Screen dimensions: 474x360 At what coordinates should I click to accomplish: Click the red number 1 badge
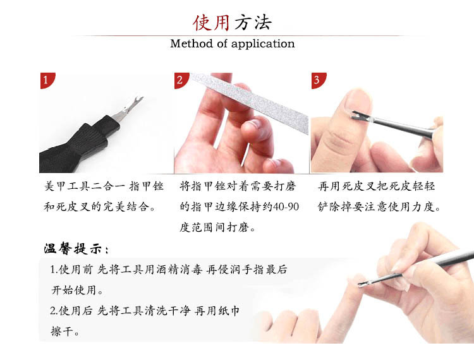pos(47,80)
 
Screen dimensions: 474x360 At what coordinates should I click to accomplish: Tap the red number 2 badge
pos(181,80)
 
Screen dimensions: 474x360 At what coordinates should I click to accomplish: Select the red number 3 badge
pos(318,80)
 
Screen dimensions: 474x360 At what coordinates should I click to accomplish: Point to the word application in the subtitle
pos(263,44)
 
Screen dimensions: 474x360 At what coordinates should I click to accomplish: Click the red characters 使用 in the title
pos(211,23)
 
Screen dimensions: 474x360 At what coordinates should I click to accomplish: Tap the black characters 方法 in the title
pos(253,23)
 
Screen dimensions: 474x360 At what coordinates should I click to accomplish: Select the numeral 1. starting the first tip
pos(54,270)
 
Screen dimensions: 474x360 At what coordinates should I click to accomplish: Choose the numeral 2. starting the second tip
pos(54,311)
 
